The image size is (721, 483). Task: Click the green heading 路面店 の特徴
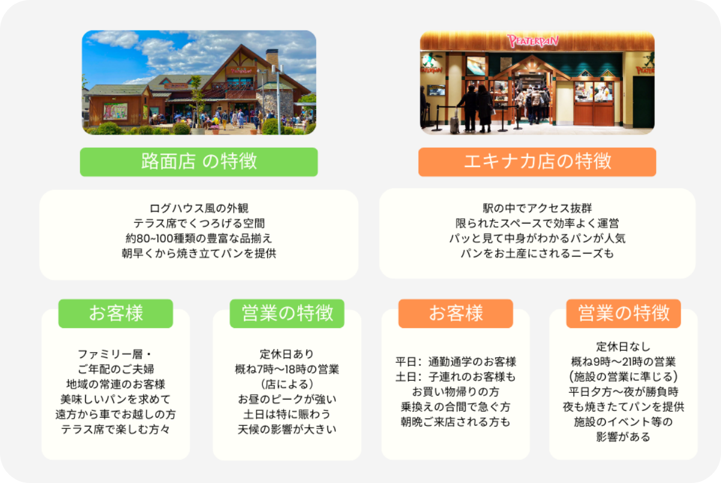click(199, 162)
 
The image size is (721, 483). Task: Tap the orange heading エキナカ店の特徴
click(537, 162)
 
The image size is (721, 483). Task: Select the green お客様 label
click(115, 314)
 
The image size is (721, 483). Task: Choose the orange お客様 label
click(455, 314)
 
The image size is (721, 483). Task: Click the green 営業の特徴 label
click(287, 314)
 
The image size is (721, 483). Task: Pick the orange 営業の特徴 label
click(624, 314)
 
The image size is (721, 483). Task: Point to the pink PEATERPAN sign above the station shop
click(533, 41)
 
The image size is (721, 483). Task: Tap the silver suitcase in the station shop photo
click(454, 123)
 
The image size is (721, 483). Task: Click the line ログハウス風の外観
click(199, 208)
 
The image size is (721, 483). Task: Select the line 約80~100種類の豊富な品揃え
click(199, 238)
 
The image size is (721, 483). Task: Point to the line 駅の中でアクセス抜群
click(537, 208)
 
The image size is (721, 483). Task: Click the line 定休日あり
click(287, 354)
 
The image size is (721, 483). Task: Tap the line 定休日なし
click(624, 347)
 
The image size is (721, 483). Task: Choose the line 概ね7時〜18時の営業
click(287, 369)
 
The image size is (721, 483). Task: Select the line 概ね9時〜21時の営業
click(624, 362)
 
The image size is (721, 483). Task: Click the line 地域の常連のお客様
click(115, 384)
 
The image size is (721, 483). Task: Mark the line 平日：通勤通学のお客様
click(455, 362)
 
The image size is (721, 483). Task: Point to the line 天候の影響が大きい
click(287, 430)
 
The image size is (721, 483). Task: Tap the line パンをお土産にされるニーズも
click(537, 254)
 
